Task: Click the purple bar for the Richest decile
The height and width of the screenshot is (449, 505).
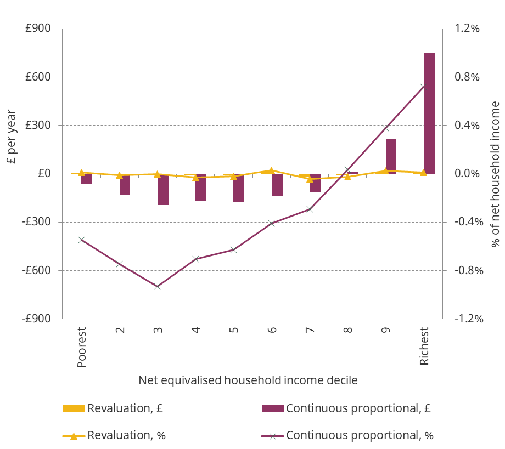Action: tap(429, 113)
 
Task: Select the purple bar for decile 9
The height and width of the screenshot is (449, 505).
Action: tap(391, 156)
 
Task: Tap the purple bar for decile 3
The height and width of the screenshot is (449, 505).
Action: tap(163, 189)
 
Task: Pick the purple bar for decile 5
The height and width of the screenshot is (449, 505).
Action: tap(239, 187)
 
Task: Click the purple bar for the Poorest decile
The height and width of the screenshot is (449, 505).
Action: tap(87, 179)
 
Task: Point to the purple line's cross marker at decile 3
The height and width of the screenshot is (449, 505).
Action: tap(157, 287)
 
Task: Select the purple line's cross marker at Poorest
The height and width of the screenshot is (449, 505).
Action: tap(81, 240)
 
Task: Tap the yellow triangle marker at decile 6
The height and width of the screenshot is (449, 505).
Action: tap(271, 170)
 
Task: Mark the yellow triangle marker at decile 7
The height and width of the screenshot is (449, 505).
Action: tap(309, 179)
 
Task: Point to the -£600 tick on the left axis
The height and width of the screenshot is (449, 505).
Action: tap(38, 270)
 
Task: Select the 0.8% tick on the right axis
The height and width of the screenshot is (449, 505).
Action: tap(464, 77)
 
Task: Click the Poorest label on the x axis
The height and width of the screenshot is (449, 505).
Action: tap(82, 348)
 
